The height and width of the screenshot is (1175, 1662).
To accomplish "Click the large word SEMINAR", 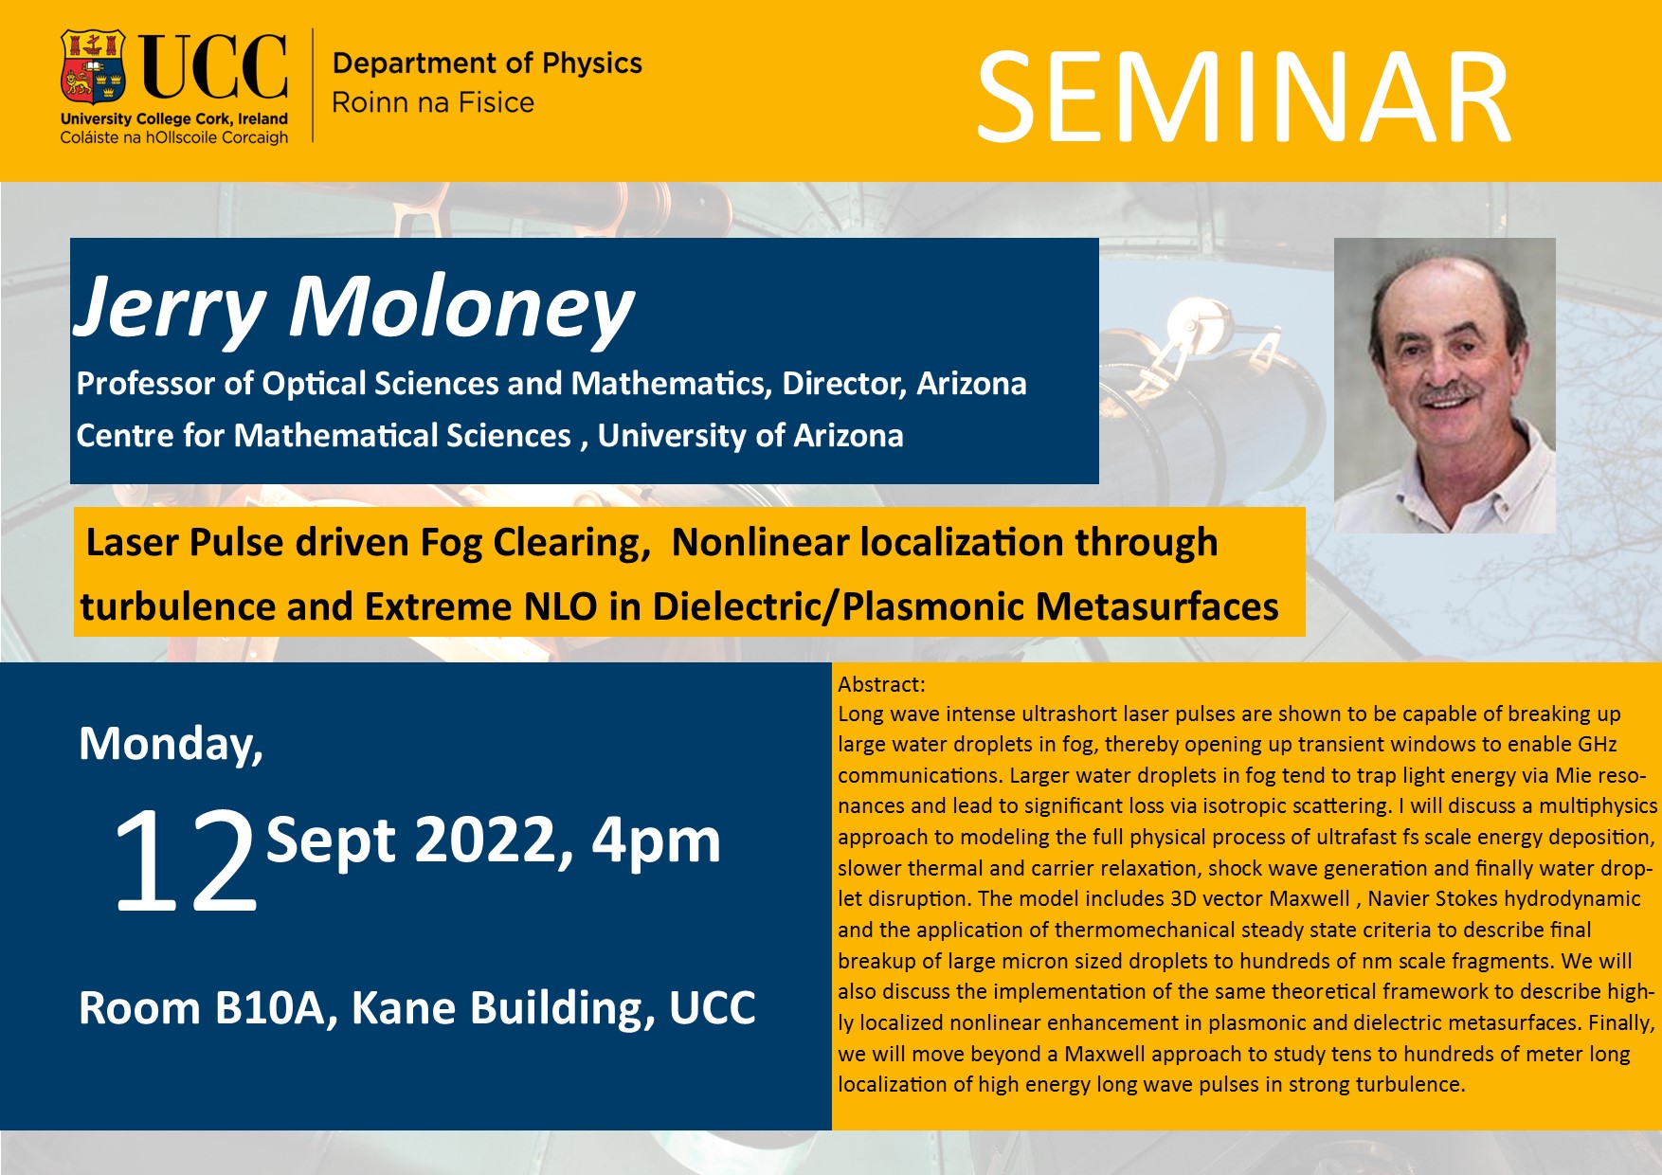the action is point(1243,99).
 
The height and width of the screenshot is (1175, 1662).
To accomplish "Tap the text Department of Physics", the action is point(487,63).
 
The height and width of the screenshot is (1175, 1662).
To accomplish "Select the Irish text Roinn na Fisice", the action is point(433,102).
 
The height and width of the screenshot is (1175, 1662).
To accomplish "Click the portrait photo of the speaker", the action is point(1444,385).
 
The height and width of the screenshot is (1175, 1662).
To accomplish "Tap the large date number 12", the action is point(186,861).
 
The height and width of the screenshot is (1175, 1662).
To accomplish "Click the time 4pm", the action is point(656,842).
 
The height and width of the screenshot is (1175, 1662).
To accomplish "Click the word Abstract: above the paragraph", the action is point(881,684).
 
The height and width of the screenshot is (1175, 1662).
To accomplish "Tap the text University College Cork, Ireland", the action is point(174,119).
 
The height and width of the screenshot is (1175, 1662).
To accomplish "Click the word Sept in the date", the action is point(331,842).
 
